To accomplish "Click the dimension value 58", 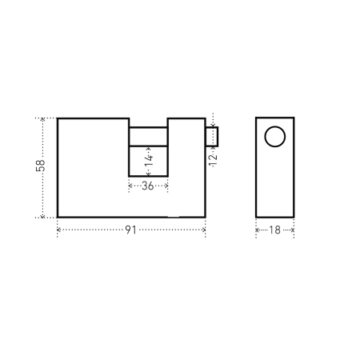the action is point(41,166).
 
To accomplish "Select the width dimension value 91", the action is point(131,230).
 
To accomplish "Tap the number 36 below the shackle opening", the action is point(148,186).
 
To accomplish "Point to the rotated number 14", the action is point(149,161).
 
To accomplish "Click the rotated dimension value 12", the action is point(213,160).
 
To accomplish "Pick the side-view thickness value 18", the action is point(274,230).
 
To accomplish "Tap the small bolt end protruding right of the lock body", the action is point(212,137).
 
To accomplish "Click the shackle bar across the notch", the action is point(148,137).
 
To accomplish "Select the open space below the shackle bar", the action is point(148,161).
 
